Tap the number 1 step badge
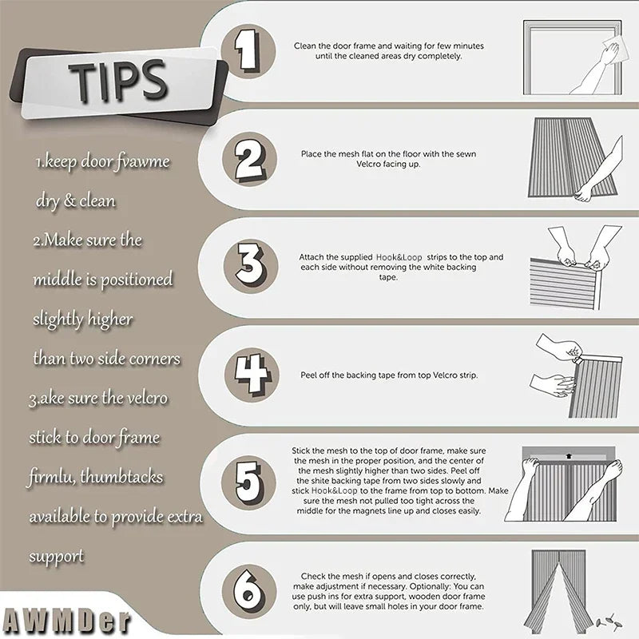[x=248, y=52]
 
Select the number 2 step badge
[x=249, y=159]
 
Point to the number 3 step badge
[x=251, y=266]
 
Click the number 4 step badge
[x=252, y=375]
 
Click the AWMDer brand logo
[x=66, y=621]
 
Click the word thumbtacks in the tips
[x=121, y=476]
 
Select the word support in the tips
[x=57, y=557]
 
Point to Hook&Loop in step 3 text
[x=399, y=257]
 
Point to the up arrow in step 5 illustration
[x=569, y=456]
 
